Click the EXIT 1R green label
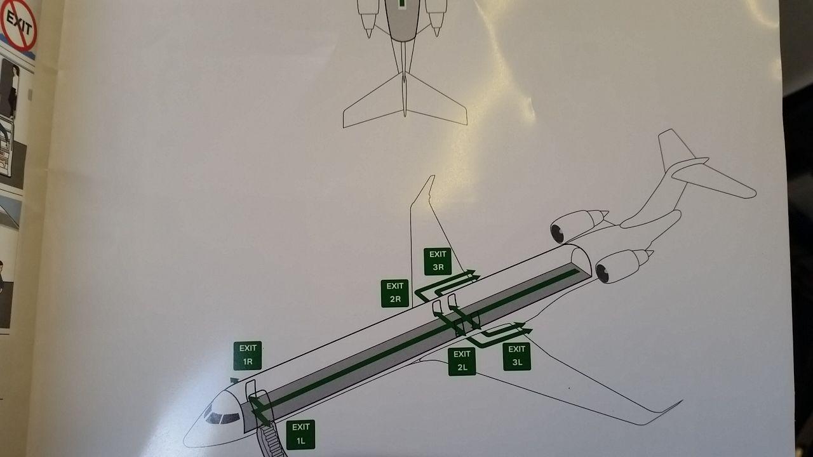(x=248, y=355)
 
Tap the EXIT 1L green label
(x=300, y=435)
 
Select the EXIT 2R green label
(x=395, y=293)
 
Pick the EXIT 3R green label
(x=438, y=261)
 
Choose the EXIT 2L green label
(x=462, y=362)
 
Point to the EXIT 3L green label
(x=517, y=357)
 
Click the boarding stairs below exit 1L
(x=271, y=440)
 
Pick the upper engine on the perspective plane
(x=578, y=225)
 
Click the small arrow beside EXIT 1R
(x=234, y=380)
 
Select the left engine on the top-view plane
(x=368, y=17)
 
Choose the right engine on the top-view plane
(x=436, y=17)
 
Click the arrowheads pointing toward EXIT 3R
(x=473, y=275)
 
